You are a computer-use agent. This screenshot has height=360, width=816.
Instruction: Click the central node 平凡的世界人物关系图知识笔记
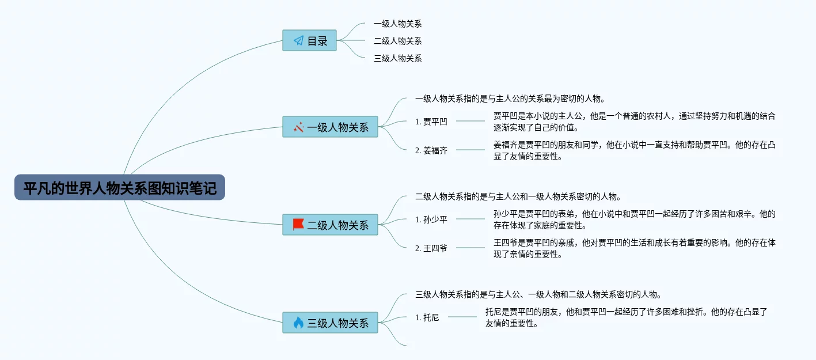click(119, 187)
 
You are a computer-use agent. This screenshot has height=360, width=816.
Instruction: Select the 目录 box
click(309, 40)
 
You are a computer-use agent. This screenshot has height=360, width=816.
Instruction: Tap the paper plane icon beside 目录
click(298, 40)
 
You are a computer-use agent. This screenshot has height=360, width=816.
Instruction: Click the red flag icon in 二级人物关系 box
click(298, 225)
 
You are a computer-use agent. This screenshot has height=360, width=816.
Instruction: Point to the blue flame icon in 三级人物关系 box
click(298, 323)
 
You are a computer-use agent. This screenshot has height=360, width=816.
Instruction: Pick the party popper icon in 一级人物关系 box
click(298, 127)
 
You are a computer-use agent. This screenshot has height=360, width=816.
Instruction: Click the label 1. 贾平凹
click(431, 122)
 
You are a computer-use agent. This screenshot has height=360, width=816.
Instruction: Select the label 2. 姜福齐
click(431, 150)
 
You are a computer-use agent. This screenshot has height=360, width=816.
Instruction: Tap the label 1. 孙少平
click(431, 219)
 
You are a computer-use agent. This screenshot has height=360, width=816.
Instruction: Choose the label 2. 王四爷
click(431, 248)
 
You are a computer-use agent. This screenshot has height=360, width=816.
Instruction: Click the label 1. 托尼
click(427, 317)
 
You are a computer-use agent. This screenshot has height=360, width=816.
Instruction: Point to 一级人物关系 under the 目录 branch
click(397, 24)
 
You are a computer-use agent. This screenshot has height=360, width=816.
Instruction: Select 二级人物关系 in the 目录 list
click(397, 41)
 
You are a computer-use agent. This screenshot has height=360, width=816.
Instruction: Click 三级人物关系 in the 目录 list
click(397, 58)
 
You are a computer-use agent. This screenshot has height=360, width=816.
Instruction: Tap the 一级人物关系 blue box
click(330, 127)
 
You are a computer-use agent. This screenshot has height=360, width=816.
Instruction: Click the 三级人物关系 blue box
click(330, 323)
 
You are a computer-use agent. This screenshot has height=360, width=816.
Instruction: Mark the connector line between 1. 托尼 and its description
click(462, 317)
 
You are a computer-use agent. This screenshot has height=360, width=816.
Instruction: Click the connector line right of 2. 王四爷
click(470, 248)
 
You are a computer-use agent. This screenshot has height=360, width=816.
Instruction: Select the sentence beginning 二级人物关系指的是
click(518, 196)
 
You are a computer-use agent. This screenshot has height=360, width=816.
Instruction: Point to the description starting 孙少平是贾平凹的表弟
click(634, 219)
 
